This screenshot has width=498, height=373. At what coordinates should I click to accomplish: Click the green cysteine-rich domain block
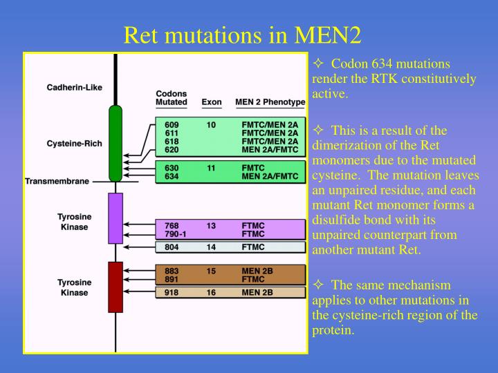[x=116, y=144]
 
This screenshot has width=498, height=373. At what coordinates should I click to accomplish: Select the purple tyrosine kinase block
[x=116, y=218]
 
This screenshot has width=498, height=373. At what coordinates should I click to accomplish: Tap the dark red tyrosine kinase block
[x=116, y=287]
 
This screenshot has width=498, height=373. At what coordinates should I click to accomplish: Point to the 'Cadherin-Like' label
[x=74, y=87]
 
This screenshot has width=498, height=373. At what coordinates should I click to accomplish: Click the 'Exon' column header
[x=211, y=102]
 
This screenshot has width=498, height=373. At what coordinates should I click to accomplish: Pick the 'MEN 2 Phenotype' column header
[x=270, y=102]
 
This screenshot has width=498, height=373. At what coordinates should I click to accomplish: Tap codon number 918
[x=172, y=293]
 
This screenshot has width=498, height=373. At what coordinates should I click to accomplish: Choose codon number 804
[x=172, y=247]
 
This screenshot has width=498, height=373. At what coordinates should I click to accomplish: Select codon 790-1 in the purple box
[x=176, y=233]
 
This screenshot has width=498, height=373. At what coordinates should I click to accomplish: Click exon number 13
[x=211, y=225]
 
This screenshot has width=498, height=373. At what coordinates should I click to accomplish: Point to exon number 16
[x=211, y=293]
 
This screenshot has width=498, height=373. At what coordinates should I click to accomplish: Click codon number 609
[x=172, y=124]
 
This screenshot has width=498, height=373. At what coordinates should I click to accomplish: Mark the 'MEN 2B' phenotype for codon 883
[x=255, y=271]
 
